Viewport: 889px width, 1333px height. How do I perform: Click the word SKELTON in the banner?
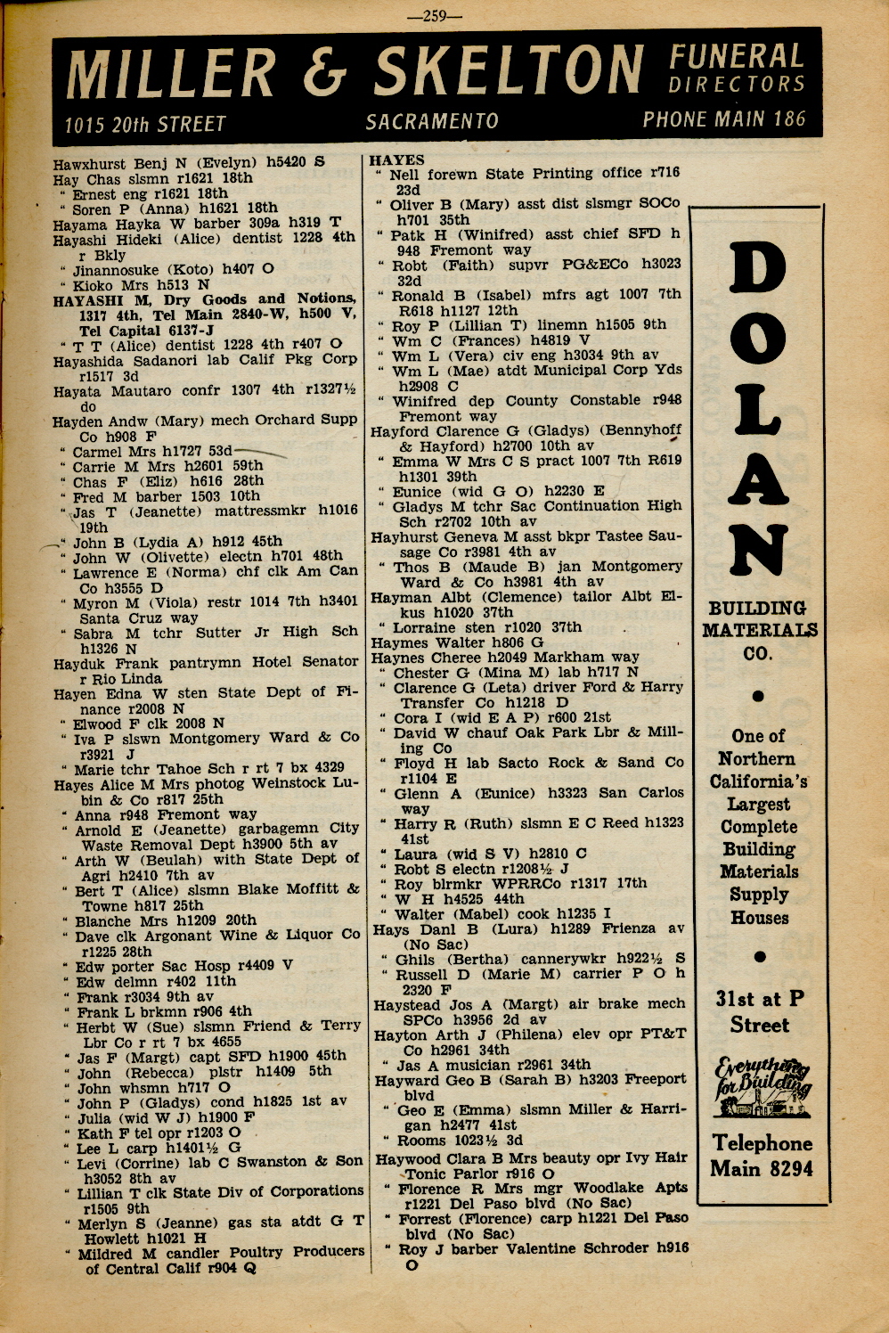(509, 71)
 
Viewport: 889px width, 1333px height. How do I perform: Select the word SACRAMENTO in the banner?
(431, 121)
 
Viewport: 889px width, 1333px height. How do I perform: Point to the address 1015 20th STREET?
(145, 125)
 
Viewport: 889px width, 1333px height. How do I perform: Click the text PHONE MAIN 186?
(724, 119)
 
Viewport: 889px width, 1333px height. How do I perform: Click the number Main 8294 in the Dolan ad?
(761, 1168)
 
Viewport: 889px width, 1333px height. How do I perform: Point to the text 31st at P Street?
(760, 1011)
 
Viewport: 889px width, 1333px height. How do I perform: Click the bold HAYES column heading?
(397, 160)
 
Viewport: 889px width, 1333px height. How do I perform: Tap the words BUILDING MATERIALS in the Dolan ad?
(759, 619)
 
